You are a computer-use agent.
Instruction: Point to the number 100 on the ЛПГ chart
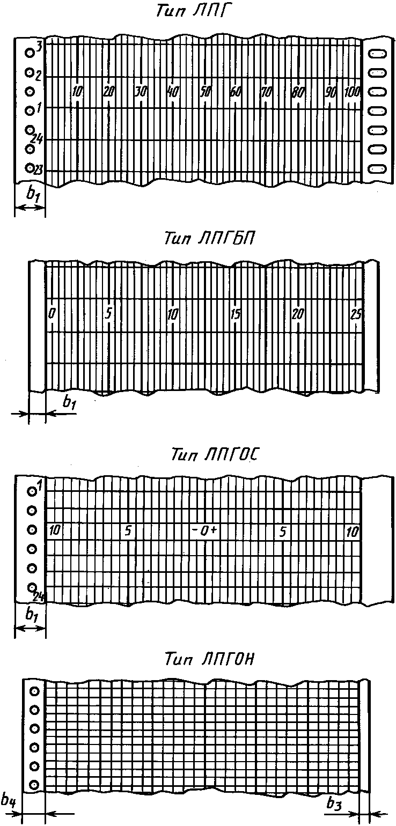352,92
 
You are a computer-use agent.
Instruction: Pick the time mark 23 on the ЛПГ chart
39,170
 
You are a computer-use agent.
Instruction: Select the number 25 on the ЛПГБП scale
356,315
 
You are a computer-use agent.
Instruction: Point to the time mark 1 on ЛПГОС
39,489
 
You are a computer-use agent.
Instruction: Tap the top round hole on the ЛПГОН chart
34,691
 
